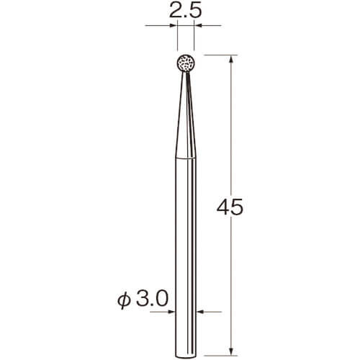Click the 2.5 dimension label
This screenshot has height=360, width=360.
[185, 11]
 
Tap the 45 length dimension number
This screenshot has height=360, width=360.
[230, 207]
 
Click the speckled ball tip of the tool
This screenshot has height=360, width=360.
[186, 63]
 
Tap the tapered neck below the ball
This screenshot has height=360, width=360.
[186, 115]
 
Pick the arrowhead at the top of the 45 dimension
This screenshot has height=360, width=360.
[231, 59]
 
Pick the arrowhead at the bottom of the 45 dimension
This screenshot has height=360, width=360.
[231, 351]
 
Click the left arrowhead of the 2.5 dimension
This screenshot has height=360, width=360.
[174, 25]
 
